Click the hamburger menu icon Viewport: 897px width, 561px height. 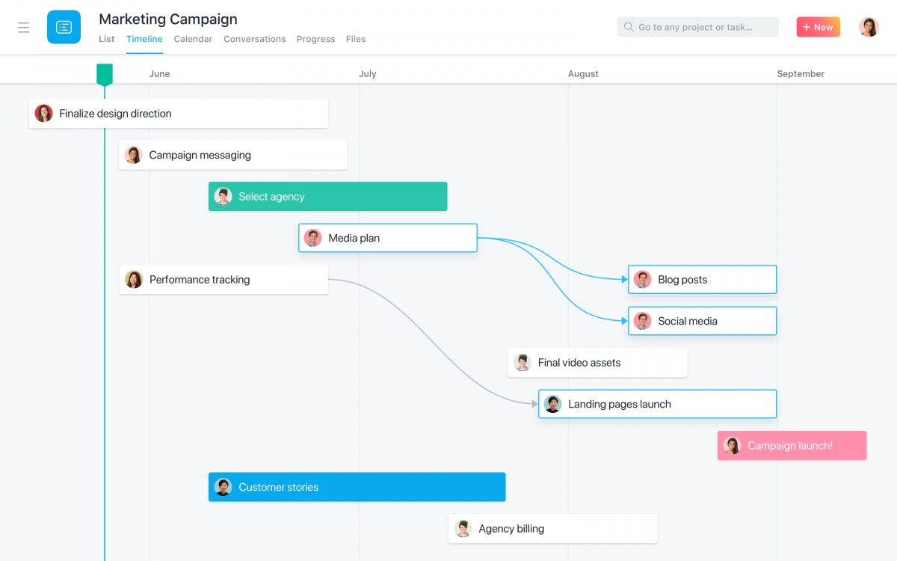point(24,27)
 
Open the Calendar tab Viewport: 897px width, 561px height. point(193,39)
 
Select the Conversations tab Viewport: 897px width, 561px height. point(255,39)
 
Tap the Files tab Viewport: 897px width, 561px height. point(356,39)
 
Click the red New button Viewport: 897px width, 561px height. point(818,27)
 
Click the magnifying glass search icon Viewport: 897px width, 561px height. point(629,27)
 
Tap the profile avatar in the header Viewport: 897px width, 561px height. point(869,27)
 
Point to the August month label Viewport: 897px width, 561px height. point(583,74)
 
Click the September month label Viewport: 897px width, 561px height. point(801,74)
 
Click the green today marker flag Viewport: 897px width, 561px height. point(105,75)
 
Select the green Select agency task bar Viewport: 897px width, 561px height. point(327,196)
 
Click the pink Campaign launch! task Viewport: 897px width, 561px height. point(792,445)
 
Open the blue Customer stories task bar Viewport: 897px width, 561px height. point(357,487)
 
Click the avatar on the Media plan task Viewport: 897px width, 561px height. point(312,238)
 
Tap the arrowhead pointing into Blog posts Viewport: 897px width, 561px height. point(624,279)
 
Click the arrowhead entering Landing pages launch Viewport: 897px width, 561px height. point(534,404)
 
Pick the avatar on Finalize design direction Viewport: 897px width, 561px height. point(43,114)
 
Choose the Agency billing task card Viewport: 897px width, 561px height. point(552,529)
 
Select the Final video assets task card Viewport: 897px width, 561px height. point(597,362)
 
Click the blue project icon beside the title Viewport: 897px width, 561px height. point(64,27)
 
